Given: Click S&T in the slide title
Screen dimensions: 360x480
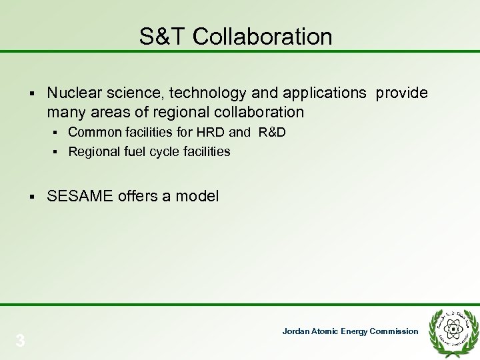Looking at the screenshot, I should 163,37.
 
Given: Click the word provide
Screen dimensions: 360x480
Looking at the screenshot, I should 402,93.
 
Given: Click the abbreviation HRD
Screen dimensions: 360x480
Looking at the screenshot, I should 211,133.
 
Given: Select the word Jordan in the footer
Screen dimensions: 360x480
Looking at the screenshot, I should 296,331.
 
